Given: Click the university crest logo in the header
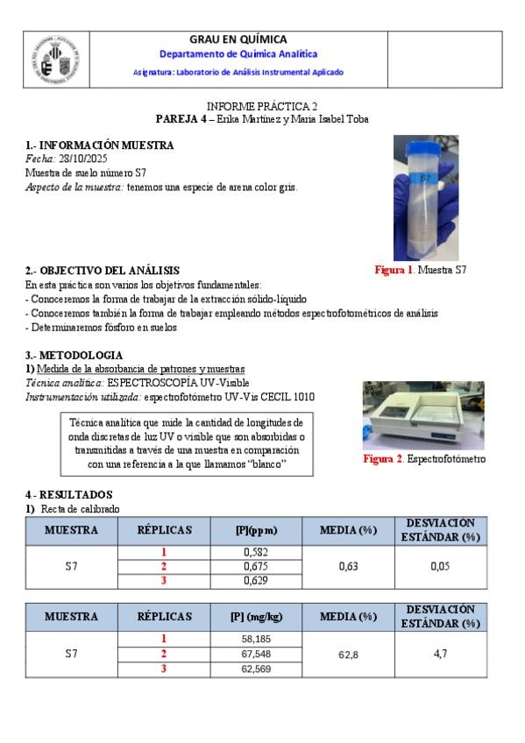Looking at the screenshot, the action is point(56,60).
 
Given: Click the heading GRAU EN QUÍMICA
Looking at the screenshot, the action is point(238,39).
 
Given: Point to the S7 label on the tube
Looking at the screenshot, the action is point(425,178).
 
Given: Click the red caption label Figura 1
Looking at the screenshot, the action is point(394,270).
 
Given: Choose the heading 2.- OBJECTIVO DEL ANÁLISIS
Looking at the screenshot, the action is point(103,271).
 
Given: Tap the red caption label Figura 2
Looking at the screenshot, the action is point(383,459).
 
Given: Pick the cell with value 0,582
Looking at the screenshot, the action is point(256,552).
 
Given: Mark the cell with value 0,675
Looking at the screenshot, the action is point(256,567).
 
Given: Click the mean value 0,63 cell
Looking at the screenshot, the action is point(348,567).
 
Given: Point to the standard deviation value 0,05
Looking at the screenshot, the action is point(440,566).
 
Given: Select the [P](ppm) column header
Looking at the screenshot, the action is point(256,530).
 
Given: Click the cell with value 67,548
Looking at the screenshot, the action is point(256,654).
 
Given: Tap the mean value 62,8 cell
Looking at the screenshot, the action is point(348,655).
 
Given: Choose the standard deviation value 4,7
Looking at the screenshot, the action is point(440,654).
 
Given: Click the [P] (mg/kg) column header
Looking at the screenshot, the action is point(256,617).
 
